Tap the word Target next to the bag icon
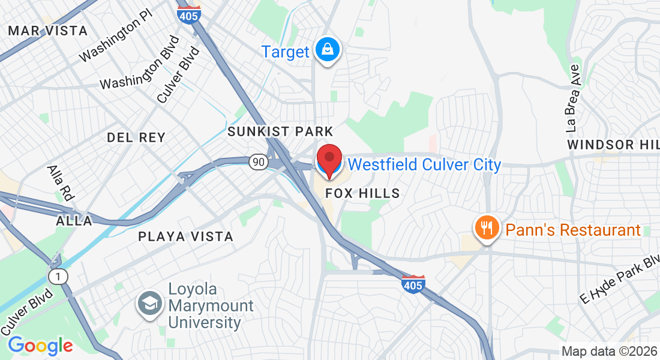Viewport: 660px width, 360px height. tap(285, 52)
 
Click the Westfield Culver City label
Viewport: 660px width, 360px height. tap(424, 164)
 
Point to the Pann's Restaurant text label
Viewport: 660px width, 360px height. tap(573, 230)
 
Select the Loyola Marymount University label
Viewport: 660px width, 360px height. tap(211, 305)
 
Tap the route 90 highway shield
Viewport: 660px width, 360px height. tap(259, 161)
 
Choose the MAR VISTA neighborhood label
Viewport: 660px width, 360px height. tap(48, 31)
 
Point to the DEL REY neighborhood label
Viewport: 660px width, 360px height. tap(136, 137)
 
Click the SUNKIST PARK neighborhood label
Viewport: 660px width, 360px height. tap(280, 131)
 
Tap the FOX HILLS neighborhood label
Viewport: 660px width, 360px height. tap(362, 193)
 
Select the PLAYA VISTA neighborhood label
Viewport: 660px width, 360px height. tap(185, 236)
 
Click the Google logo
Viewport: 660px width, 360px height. tap(40, 346)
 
